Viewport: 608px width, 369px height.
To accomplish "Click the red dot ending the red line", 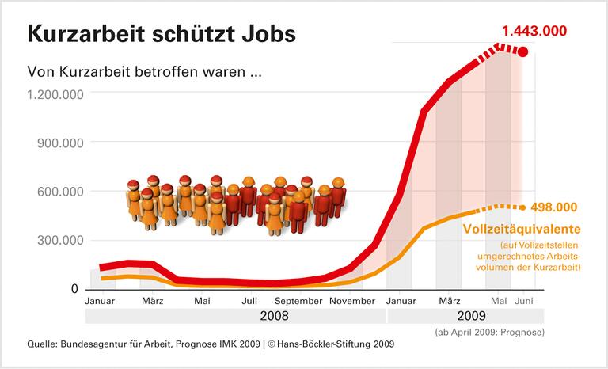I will (x=522, y=51).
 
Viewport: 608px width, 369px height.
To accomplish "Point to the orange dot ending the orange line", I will (x=522, y=207).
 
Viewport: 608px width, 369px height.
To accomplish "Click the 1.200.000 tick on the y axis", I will (x=55, y=93).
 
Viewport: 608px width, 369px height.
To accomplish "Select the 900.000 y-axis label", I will (x=60, y=143).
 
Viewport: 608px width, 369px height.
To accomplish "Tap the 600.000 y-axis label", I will (x=60, y=192).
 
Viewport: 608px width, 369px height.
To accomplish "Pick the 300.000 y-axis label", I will (x=60, y=240).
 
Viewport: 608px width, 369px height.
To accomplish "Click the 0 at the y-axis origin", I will (x=75, y=289).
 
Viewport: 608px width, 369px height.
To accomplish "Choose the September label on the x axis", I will (x=299, y=301).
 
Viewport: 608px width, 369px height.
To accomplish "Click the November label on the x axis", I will (x=351, y=301).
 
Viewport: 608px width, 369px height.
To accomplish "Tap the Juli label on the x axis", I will (x=249, y=301).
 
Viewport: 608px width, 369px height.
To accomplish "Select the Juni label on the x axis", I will (x=523, y=301).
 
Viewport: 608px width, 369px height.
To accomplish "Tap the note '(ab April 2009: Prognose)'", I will (x=489, y=331).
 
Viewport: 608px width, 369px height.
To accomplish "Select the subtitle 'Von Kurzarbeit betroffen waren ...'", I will (x=144, y=71).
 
